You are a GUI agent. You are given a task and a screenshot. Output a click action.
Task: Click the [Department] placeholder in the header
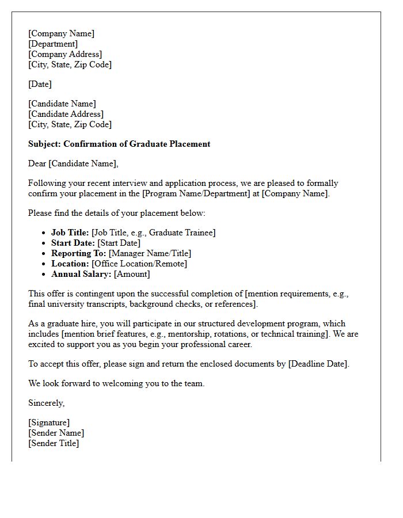[53, 44]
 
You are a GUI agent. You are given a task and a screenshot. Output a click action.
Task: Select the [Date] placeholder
[40, 84]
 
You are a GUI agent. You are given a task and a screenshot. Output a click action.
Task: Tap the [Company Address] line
[65, 54]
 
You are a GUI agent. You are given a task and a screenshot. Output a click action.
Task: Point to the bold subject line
[119, 144]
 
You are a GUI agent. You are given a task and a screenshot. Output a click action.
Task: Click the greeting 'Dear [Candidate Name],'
[73, 163]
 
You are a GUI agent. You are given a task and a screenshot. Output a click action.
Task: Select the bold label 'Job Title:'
[70, 233]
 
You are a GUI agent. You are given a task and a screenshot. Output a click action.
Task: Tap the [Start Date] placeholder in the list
[119, 243]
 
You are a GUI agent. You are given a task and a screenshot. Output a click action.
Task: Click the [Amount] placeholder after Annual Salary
[132, 274]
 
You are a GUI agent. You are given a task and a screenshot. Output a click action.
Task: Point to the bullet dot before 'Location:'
[44, 264]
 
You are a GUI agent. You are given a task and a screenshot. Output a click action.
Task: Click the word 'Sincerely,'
[47, 403]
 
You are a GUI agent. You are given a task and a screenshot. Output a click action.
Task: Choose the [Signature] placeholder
[49, 422]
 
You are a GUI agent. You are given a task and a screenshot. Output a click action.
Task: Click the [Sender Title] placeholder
[54, 443]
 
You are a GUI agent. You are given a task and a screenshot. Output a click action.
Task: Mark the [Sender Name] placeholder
[56, 433]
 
